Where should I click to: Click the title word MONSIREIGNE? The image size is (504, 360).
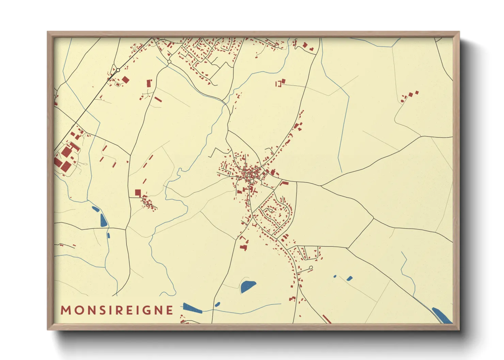click(x=117, y=310)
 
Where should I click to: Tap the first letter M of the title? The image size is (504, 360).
click(x=65, y=310)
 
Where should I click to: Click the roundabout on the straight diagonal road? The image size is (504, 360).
click(x=118, y=70)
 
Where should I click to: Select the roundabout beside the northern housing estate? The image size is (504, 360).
click(x=169, y=62)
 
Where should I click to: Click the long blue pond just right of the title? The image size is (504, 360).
click(x=192, y=308)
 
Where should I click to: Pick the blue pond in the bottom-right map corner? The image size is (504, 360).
click(x=442, y=315)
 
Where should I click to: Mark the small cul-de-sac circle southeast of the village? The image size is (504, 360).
click(x=311, y=268)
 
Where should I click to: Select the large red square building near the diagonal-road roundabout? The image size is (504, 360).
click(x=125, y=80)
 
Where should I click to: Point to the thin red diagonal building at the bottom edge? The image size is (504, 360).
click(x=327, y=319)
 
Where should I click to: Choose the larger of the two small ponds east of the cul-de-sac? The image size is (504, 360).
click(x=349, y=278)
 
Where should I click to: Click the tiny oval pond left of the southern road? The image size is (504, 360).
click(x=217, y=304)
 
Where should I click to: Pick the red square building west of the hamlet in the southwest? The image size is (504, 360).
click(x=138, y=193)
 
